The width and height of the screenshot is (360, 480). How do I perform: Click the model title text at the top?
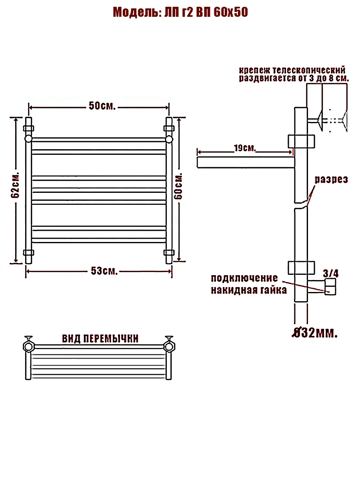tap(180, 12)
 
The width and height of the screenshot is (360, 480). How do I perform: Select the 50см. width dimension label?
tap(102, 106)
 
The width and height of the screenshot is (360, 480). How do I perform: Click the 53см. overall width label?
tap(104, 271)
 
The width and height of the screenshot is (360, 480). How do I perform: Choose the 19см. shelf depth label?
tap(244, 148)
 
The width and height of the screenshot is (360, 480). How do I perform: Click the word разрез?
tap(331, 179)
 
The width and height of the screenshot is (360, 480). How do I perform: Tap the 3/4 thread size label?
tap(330, 274)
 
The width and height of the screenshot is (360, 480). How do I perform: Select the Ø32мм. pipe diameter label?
tap(314, 332)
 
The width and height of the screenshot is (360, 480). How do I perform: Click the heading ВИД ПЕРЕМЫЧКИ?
tap(100, 339)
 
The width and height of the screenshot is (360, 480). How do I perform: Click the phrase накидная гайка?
tap(249, 290)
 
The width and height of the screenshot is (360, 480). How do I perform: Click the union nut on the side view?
tap(330, 287)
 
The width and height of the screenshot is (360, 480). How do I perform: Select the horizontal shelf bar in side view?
tap(245, 162)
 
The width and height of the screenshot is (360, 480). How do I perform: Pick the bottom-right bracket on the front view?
tap(169, 252)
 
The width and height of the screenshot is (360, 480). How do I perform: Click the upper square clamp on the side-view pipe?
tap(301, 141)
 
